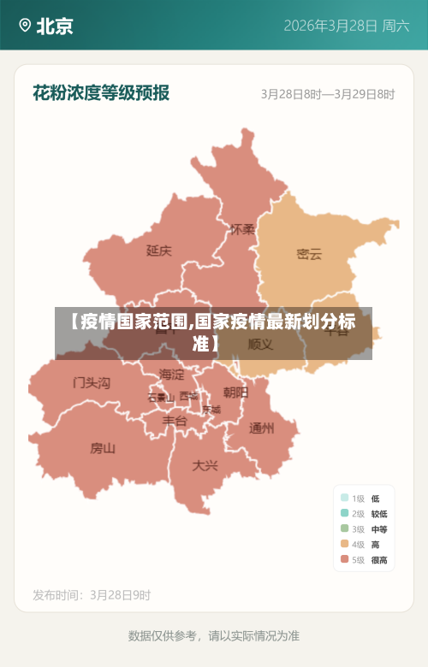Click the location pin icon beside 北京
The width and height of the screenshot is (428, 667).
click(24, 26)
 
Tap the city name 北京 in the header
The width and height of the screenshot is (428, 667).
click(55, 26)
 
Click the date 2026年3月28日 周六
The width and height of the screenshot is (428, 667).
click(347, 26)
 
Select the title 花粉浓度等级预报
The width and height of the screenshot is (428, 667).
click(101, 92)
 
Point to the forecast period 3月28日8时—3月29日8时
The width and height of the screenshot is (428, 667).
click(328, 94)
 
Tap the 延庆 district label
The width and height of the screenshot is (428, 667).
click(158, 251)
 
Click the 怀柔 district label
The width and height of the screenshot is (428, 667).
click(242, 229)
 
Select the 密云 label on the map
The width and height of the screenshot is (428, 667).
click(309, 254)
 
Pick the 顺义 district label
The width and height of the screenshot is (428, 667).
click(260, 345)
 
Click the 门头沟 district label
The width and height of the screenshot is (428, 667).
click(92, 382)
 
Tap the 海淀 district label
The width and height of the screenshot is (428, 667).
click(171, 375)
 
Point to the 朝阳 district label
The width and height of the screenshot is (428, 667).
click(235, 393)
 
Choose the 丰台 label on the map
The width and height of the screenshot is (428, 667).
click(175, 421)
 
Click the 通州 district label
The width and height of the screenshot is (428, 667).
click(261, 428)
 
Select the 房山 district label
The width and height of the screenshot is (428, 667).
click(103, 447)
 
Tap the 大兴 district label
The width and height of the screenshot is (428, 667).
click(205, 465)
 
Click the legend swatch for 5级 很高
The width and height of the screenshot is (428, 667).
click(344, 560)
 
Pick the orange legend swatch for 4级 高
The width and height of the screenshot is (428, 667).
click(344, 545)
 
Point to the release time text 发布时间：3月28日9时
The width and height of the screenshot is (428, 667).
click(92, 594)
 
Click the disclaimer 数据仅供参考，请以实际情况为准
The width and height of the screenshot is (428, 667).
click(214, 635)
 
